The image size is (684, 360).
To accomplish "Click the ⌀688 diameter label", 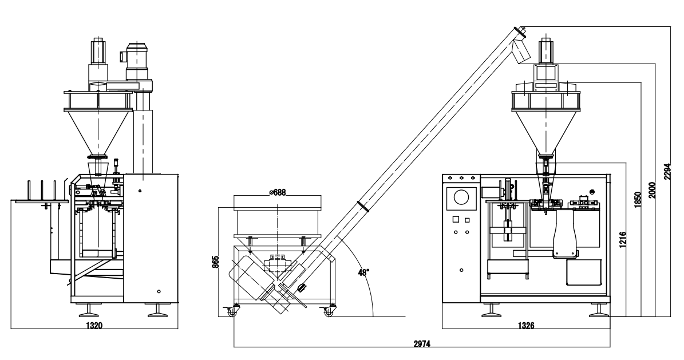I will pos(277,192).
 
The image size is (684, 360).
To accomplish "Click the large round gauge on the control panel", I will pos(461,198).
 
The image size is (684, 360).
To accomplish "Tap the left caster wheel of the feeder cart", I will pos(232,312).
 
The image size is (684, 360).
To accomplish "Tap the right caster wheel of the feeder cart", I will pos(328,312).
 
